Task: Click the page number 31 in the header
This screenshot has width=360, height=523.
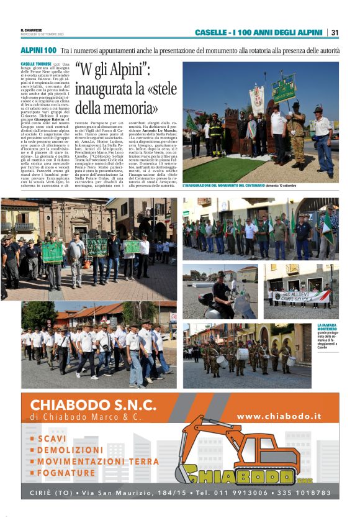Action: tap(335, 32)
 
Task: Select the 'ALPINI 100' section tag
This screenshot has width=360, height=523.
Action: tap(38, 49)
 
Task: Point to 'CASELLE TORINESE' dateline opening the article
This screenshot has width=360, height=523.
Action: tap(36, 64)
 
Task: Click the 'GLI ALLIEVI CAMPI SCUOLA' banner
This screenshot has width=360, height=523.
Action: tap(302, 296)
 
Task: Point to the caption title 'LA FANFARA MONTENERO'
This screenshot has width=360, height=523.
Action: tap(327, 327)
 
